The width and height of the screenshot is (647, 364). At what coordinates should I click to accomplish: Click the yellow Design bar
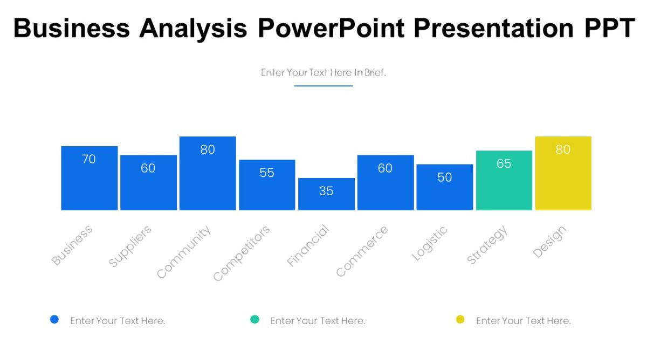563,174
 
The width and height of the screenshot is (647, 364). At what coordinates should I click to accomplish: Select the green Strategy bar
504,181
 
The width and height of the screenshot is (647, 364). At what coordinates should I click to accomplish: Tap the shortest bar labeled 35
326,194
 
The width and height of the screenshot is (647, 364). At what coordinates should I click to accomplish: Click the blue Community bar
208,174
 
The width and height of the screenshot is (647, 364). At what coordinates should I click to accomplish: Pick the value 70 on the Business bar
89,159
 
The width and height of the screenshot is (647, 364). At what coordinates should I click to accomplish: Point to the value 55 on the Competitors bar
267,173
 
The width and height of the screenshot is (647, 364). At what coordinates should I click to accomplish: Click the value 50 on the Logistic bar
444,177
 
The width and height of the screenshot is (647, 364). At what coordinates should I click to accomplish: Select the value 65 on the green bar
504,163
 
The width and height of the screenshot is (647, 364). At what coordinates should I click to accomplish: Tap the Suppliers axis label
130,246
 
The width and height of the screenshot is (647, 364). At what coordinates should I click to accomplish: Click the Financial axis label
308,246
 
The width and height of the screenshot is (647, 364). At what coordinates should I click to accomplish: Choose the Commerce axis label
361,252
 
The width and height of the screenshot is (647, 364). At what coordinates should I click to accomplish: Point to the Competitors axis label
241,253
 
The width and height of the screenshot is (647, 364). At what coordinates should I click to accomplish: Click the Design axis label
549,242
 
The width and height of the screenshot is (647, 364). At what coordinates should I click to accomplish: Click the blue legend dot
54,319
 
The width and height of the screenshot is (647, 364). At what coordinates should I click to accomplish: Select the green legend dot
254,319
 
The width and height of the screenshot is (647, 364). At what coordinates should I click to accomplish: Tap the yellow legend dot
460,319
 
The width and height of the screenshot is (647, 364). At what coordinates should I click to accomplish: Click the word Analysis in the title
193,28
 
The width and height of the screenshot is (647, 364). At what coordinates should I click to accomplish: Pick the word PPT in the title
609,28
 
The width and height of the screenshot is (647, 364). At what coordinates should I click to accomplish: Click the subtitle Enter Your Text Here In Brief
323,72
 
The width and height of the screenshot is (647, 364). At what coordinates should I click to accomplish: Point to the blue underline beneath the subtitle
323,86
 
